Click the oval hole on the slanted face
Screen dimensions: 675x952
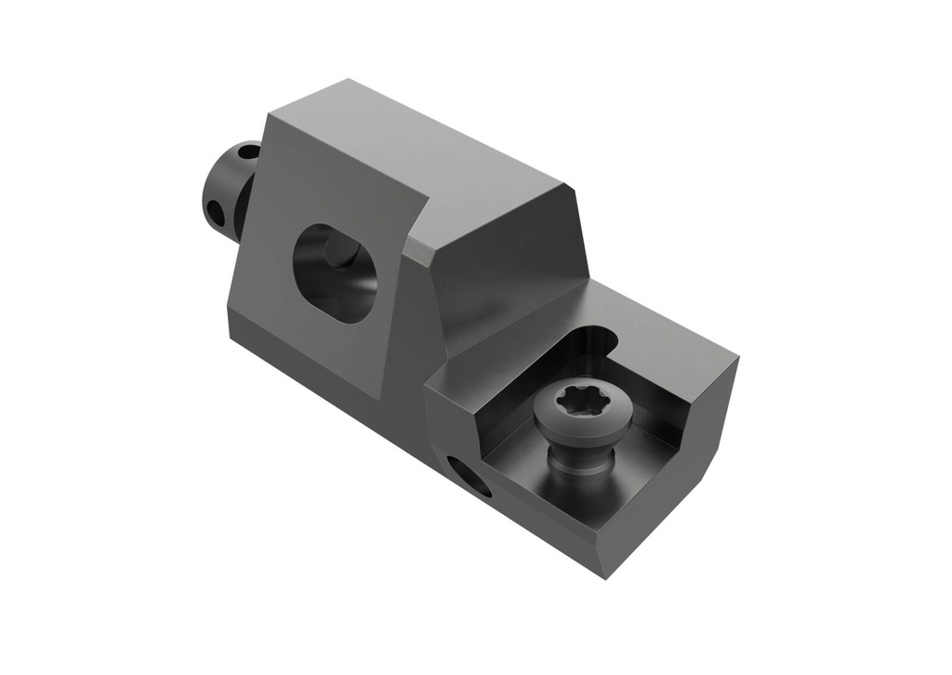tap(335, 272)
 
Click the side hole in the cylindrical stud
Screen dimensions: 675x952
tap(215, 213)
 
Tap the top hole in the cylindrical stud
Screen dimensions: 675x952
tap(249, 150)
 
